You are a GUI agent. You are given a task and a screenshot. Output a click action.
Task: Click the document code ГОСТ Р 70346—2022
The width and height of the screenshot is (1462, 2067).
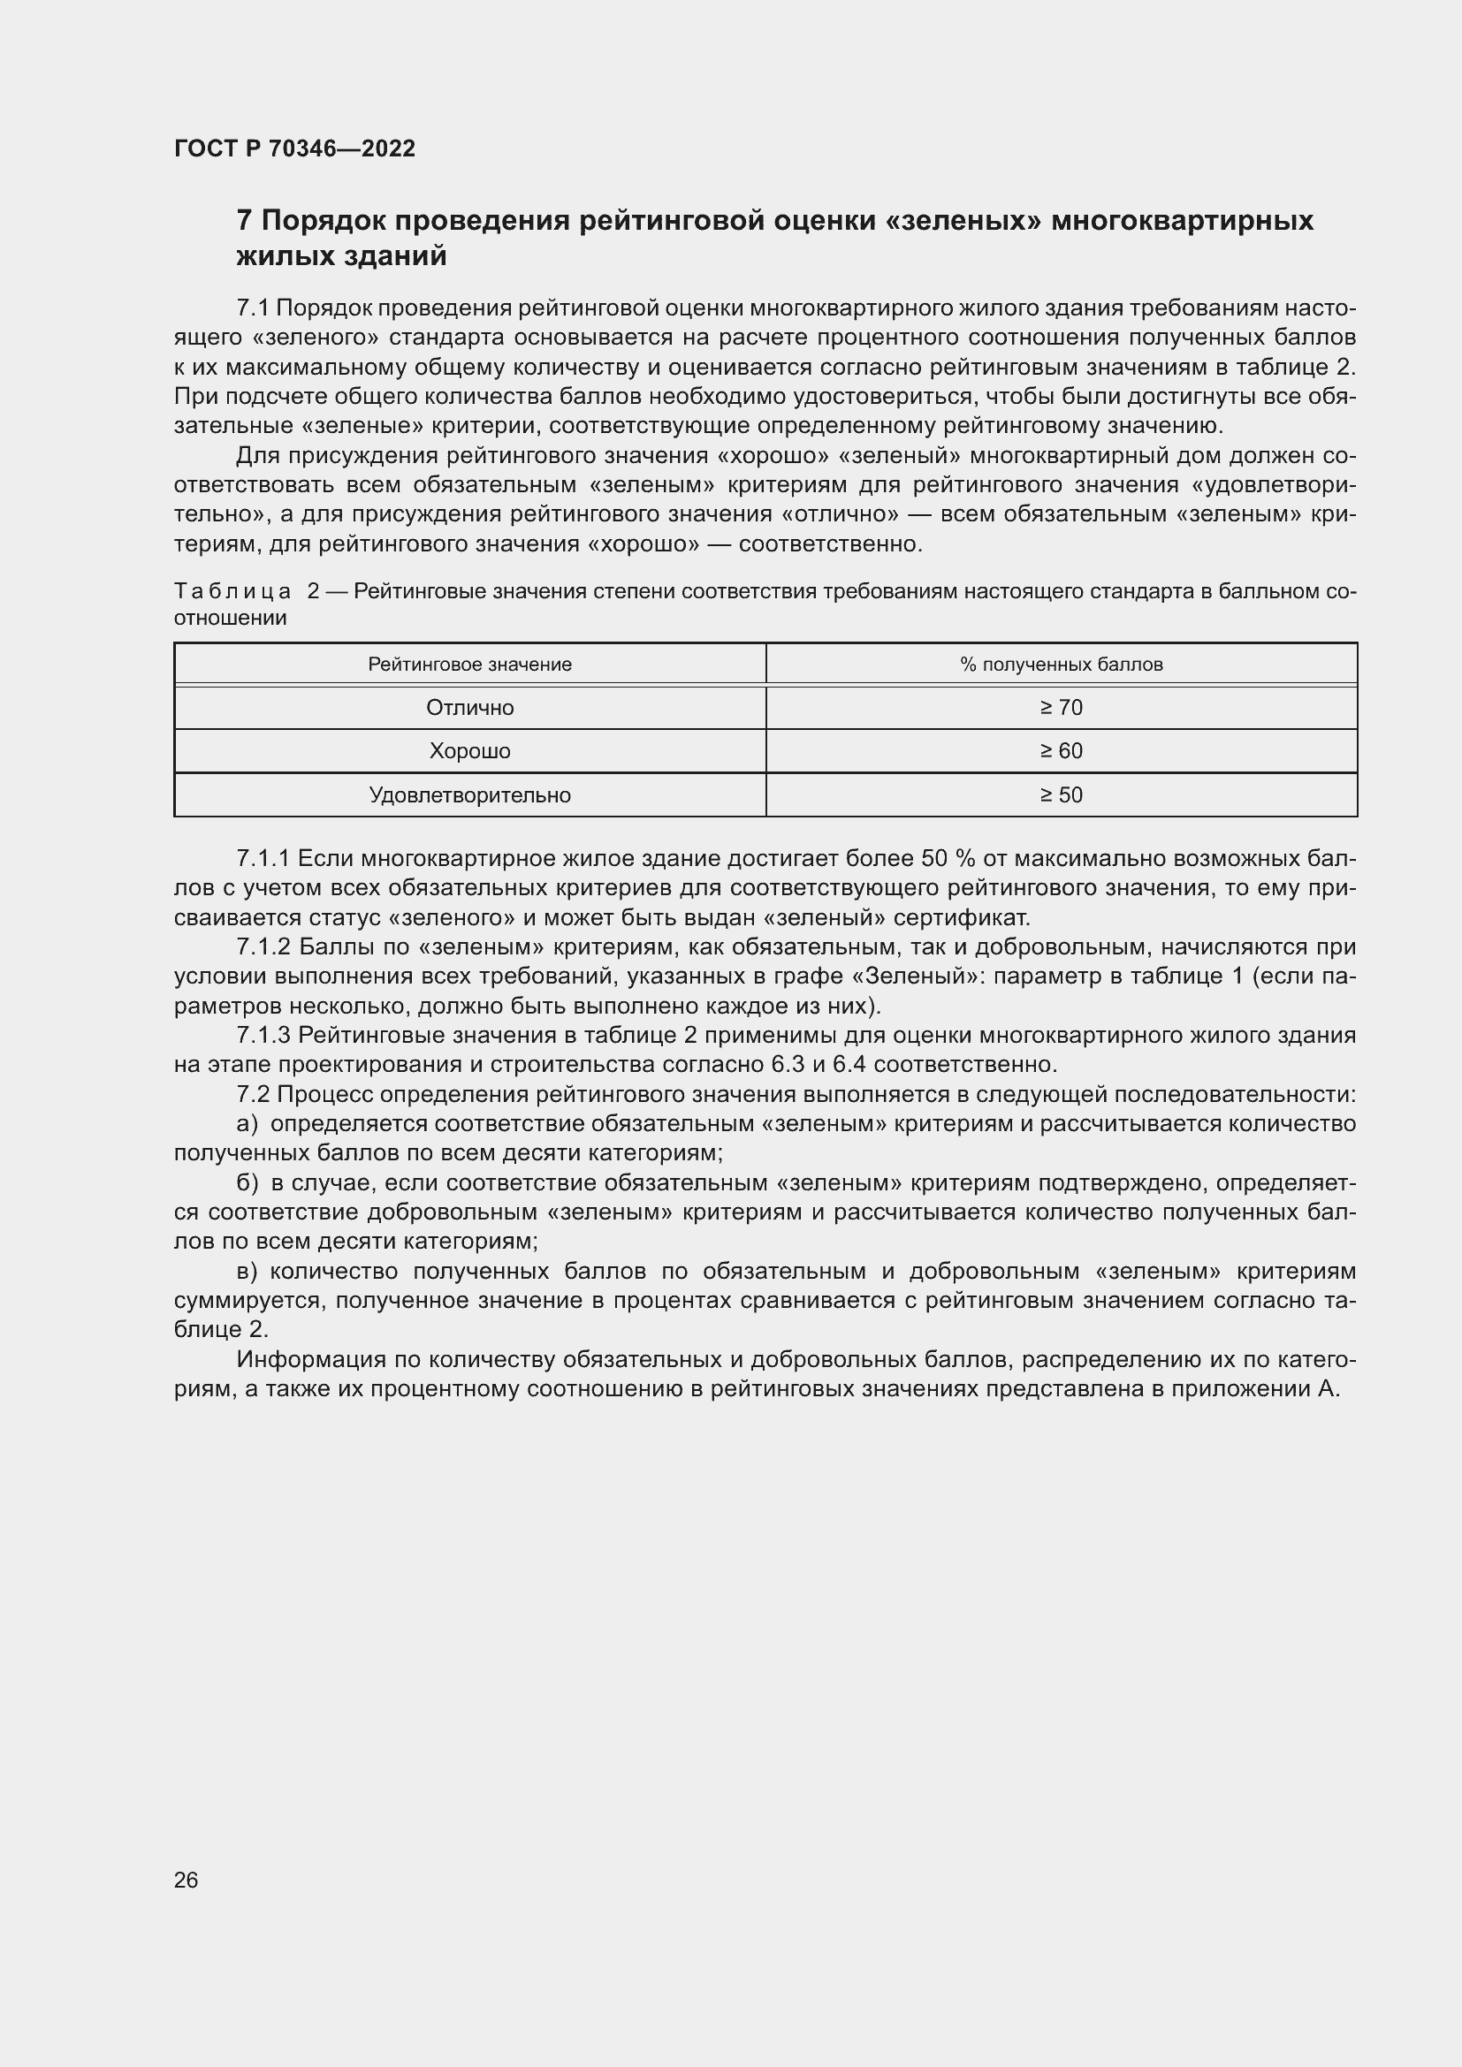click(294, 148)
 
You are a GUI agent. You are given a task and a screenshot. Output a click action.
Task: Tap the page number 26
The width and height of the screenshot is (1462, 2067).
click(186, 1880)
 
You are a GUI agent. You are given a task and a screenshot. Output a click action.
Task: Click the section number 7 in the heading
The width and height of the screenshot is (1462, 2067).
click(243, 221)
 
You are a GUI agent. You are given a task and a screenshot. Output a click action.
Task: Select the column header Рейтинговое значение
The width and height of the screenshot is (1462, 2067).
click(469, 665)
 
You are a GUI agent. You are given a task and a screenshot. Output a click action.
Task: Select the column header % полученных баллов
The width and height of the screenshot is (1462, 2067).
click(1061, 665)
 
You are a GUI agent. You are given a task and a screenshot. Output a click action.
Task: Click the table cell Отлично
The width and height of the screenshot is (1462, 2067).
click(469, 708)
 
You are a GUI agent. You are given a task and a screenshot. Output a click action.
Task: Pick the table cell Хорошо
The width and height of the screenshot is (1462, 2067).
click(469, 751)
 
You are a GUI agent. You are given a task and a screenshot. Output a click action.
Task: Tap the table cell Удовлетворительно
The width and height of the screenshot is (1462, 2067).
click(469, 795)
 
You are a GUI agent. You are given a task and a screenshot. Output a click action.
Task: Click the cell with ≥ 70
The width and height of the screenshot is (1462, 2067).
click(1061, 708)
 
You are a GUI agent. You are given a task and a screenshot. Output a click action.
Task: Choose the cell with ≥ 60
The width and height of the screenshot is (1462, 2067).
click(1061, 751)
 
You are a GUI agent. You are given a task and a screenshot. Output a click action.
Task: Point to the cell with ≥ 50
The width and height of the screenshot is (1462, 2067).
click(1061, 795)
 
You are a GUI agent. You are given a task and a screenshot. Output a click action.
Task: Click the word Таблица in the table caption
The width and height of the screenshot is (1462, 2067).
click(232, 591)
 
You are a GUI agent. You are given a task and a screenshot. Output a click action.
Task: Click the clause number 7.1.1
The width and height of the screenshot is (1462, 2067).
click(262, 859)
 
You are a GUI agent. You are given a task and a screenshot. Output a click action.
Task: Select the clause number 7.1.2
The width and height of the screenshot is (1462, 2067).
click(263, 947)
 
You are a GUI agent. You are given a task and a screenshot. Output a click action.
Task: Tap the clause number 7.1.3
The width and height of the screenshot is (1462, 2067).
click(263, 1036)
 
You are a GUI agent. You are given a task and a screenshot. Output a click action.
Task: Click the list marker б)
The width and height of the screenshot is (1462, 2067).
click(247, 1183)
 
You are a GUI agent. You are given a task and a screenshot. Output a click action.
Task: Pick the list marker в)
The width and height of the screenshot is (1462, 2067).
click(247, 1271)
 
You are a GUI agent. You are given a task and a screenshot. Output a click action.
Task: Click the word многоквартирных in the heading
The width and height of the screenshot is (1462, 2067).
click(1181, 221)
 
